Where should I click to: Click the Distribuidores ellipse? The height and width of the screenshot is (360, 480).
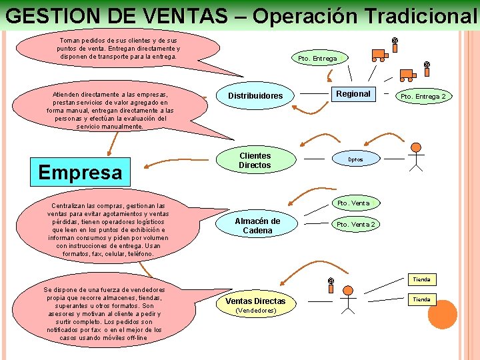click(255, 96)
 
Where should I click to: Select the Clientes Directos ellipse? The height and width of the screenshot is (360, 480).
click(255, 160)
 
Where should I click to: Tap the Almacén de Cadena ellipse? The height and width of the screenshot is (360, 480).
click(257, 225)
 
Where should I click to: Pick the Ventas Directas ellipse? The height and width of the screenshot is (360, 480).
click(255, 305)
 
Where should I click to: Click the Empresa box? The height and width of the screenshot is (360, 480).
click(80, 172)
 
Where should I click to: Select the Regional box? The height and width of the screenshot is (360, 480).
click(353, 94)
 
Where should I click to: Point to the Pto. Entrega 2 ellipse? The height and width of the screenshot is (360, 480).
click(423, 97)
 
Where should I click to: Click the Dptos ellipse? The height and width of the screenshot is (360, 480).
click(355, 160)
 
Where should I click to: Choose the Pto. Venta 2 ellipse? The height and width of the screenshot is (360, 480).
click(355, 225)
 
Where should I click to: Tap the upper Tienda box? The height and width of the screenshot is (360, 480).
click(421, 279)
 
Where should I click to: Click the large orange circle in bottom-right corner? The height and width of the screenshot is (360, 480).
click(442, 315)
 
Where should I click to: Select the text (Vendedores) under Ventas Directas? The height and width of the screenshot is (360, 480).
click(255, 311)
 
